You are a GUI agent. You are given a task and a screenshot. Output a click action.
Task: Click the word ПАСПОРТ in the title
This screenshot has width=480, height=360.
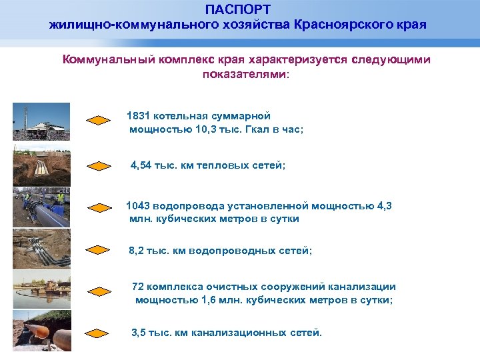pos(238,9)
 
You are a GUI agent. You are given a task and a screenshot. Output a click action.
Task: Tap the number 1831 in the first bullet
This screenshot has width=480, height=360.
pos(139,116)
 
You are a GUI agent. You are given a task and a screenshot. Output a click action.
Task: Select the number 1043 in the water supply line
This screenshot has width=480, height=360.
pos(139,206)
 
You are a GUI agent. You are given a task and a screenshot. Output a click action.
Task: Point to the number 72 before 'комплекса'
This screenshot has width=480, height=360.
pos(138,287)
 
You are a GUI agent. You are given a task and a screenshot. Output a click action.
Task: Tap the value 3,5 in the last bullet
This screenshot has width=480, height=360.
pos(139,331)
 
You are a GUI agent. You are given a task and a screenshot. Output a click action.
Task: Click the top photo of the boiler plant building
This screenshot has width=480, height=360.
pos(41,121)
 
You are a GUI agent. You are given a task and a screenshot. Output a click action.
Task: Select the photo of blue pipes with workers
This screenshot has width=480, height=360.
pos(41,207)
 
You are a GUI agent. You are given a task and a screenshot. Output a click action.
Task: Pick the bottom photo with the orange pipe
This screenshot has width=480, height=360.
pos(41,331)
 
